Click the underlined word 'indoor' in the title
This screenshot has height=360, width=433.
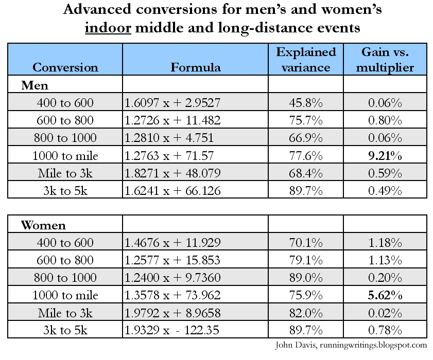pos(107,28)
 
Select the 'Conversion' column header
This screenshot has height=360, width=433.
pos(65,67)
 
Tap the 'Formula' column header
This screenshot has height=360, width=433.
pos(196,67)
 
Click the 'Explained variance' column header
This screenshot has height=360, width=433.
pos(306,59)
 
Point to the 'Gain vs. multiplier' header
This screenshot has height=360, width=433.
pos(385,59)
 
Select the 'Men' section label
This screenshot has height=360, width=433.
pos(34,85)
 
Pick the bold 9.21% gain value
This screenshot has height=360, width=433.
pos(385,155)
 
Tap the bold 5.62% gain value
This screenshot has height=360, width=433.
pos(385,295)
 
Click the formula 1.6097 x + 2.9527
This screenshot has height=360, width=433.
pos(172,103)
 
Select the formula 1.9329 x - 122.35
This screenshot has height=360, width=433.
pos(172,330)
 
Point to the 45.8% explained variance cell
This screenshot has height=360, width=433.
pos(306,103)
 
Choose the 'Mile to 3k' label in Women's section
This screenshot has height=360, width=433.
pos(65,313)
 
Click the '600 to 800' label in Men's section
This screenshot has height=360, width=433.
pos(65,120)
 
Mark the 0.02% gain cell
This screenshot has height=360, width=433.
pos(385,313)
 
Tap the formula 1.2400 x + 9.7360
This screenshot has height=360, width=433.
pos(172,278)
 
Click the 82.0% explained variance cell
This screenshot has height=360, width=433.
pos(306,313)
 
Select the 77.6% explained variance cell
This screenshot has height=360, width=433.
pos(306,155)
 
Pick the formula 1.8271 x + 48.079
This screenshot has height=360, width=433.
pos(172,173)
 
